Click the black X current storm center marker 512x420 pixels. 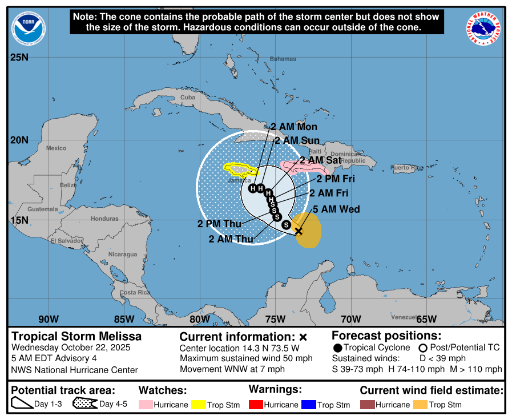(298, 231)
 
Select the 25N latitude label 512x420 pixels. (19, 57)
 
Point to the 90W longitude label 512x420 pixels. (49, 318)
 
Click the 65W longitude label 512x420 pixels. (426, 318)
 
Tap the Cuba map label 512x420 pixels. (188, 98)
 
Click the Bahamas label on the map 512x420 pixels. (283, 59)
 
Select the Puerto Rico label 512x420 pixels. (407, 168)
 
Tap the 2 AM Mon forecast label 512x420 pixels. (294, 127)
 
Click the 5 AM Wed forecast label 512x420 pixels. (336, 209)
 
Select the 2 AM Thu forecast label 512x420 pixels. (231, 239)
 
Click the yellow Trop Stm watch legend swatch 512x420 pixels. (199, 405)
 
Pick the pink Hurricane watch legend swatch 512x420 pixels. (146, 405)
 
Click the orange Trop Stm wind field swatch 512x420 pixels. (420, 405)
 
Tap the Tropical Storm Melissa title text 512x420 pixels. (76, 336)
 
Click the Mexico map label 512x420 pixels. (57, 148)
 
